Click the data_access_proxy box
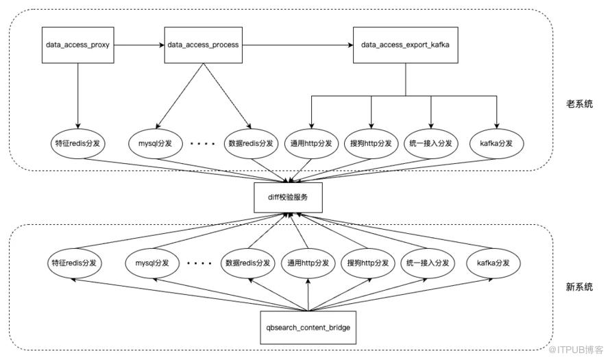tap(78, 45)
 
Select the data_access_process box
tap(203, 45)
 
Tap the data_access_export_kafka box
tap(405, 45)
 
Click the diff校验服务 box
tap(288, 197)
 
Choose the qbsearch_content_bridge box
tap(308, 327)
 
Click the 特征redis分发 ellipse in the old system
tap(78, 143)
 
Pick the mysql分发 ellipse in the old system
tap(155, 143)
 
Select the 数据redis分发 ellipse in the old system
tap(251, 143)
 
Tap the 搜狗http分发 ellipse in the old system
tap(371, 143)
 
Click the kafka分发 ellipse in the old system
tap(496, 143)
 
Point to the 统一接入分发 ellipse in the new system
tap(428, 263)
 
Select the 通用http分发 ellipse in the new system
tap(308, 263)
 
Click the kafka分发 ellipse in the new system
tap(493, 263)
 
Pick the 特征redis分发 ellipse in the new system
tap(74, 263)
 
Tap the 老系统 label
tap(579, 104)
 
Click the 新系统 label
tap(579, 287)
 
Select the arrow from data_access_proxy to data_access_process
tap(139, 45)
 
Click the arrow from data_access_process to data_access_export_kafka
tap(297, 45)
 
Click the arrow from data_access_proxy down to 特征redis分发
tap(78, 96)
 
